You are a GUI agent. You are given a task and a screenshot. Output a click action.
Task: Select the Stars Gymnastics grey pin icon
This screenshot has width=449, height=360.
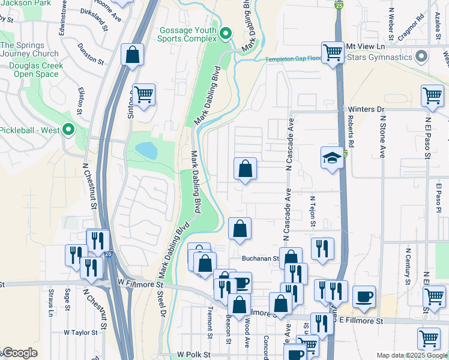point(421,57)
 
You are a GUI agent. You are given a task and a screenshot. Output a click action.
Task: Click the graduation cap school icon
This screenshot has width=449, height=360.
point(332,157)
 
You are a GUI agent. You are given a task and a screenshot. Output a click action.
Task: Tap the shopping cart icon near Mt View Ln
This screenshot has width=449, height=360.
point(332,52)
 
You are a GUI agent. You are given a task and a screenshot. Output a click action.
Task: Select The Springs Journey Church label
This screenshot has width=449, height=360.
point(29,49)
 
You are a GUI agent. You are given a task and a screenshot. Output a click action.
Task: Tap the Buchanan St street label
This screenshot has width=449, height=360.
point(261,259)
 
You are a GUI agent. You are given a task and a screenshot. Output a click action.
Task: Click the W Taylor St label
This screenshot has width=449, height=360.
point(80,332)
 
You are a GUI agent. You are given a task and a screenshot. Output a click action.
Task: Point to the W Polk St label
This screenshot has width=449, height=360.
point(193,355)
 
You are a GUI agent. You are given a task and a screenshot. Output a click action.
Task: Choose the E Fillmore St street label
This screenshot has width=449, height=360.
point(360,322)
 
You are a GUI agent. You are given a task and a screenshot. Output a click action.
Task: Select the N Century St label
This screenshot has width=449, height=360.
point(408,266)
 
